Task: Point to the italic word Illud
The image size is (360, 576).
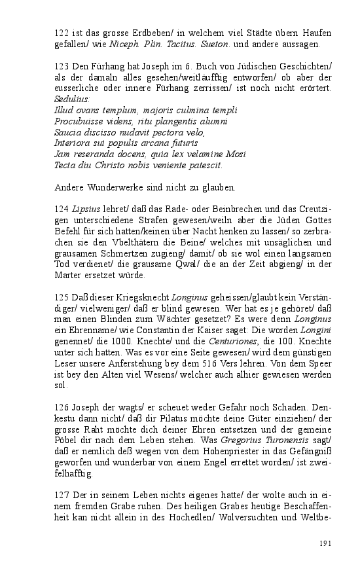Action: pos(65,110)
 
